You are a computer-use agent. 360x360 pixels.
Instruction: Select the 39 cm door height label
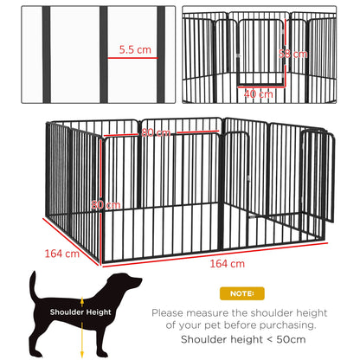tap(298, 54)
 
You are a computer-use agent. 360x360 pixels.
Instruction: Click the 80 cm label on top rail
tap(155, 133)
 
